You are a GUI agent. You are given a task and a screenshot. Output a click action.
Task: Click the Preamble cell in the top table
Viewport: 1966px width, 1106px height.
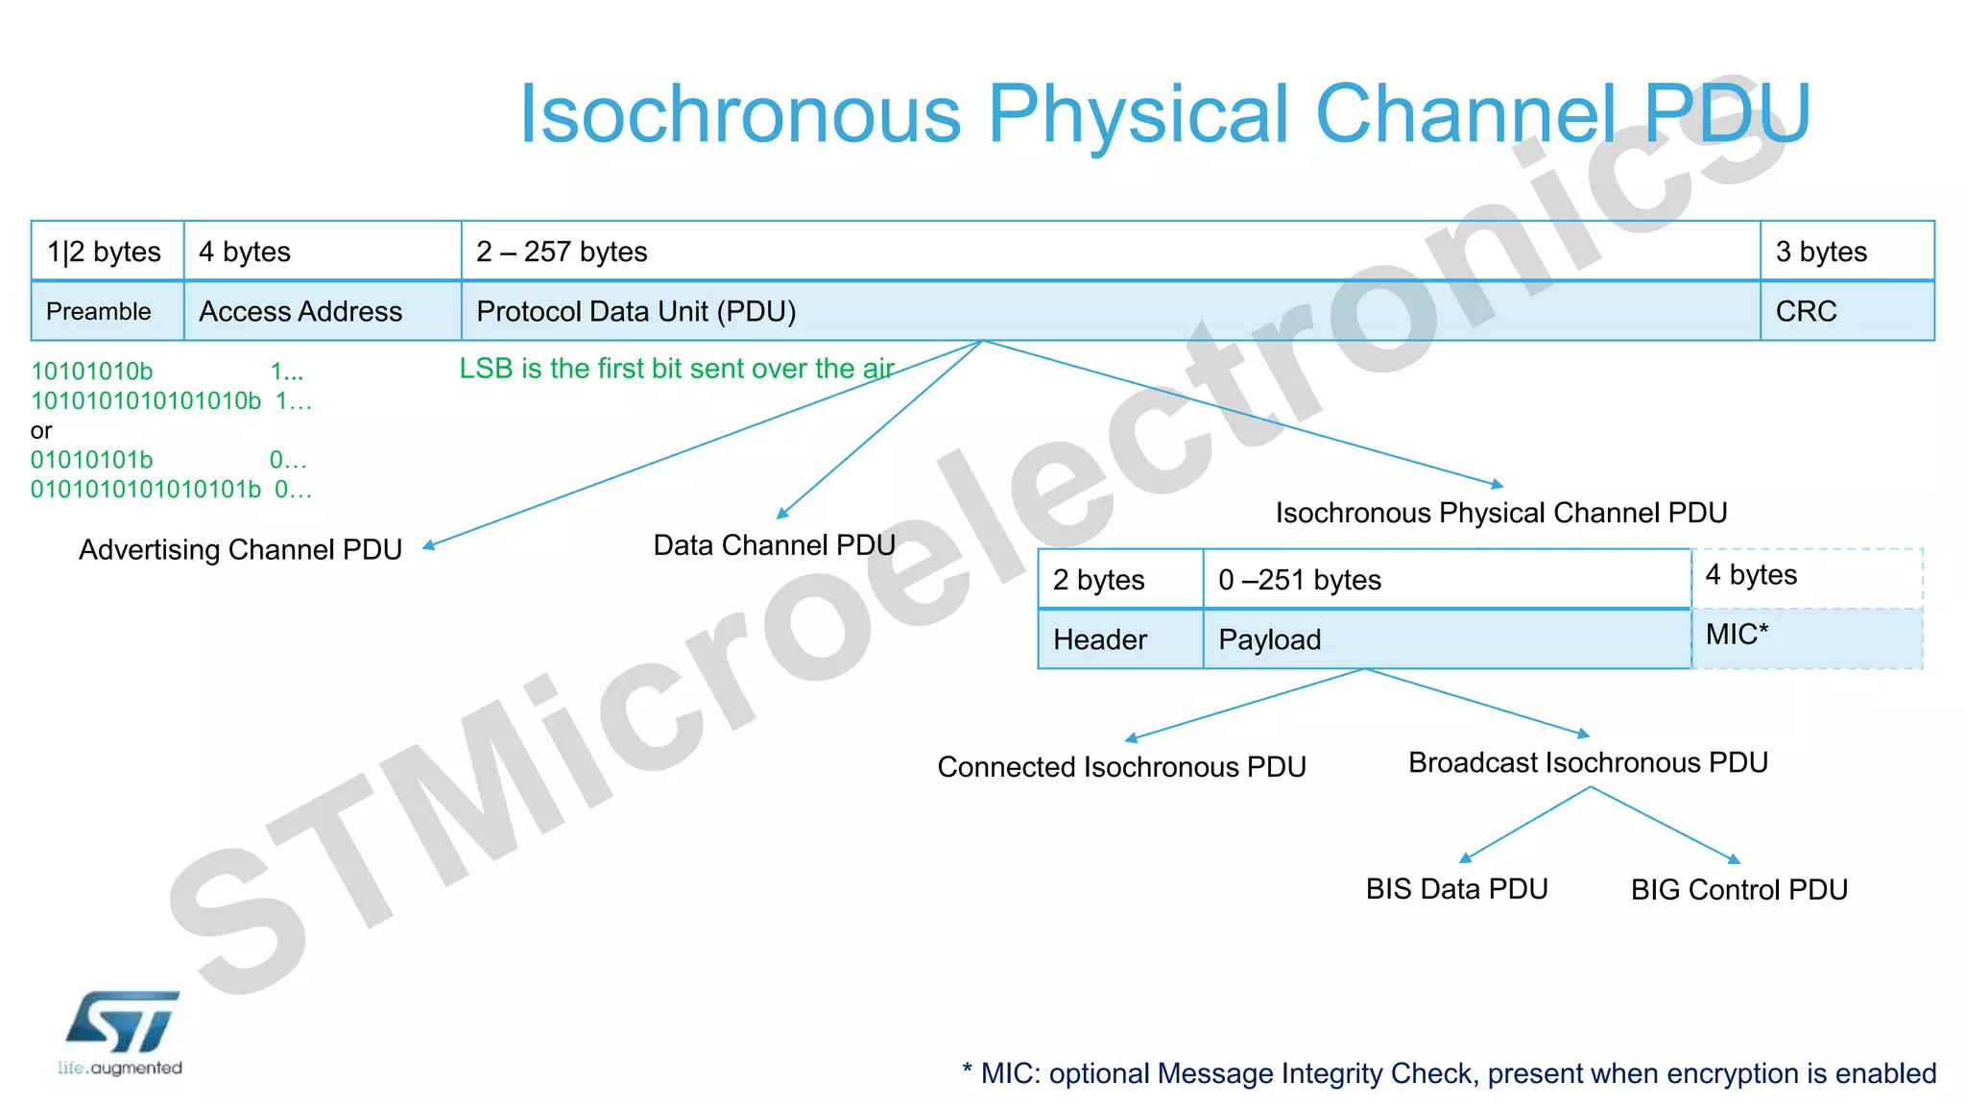pyautogui.click(x=99, y=311)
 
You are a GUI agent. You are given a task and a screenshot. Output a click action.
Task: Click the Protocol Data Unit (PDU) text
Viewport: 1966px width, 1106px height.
pyautogui.click(x=636, y=311)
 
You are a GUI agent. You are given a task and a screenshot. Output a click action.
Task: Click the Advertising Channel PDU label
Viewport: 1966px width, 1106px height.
pyautogui.click(x=240, y=549)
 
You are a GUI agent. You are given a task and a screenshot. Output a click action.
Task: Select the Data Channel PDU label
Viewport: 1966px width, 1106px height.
pyautogui.click(x=774, y=545)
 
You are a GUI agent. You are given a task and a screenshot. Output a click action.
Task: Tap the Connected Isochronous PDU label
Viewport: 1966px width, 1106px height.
pyautogui.click(x=1121, y=767)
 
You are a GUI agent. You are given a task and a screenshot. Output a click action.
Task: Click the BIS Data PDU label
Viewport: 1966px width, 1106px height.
pyautogui.click(x=1456, y=889)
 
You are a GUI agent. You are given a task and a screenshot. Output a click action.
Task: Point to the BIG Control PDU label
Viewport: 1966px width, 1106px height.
pyautogui.click(x=1738, y=890)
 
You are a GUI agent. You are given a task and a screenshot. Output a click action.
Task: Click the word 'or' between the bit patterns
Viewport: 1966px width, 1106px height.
pyautogui.click(x=40, y=431)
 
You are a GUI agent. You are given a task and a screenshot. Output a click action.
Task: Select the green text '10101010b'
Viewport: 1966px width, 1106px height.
pyautogui.click(x=91, y=372)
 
